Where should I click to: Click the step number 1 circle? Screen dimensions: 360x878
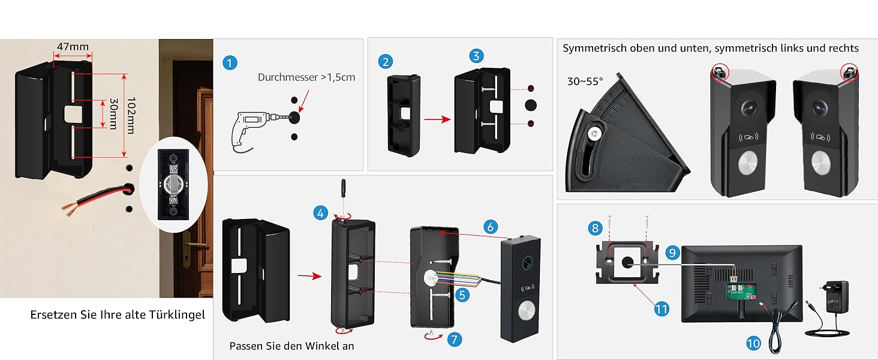(x=229, y=63)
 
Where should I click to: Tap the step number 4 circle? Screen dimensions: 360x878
(x=321, y=212)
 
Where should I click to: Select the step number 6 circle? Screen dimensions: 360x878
(x=490, y=226)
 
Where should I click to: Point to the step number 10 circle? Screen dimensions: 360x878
(x=753, y=343)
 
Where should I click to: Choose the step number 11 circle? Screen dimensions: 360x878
(x=661, y=309)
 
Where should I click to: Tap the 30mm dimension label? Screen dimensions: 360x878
(x=112, y=114)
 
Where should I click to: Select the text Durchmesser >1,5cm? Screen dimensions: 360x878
(x=306, y=77)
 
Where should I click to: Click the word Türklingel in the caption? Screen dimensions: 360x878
(x=178, y=314)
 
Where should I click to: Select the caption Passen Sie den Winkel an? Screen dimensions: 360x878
(x=291, y=346)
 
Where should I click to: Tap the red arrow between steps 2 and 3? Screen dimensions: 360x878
(x=437, y=119)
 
